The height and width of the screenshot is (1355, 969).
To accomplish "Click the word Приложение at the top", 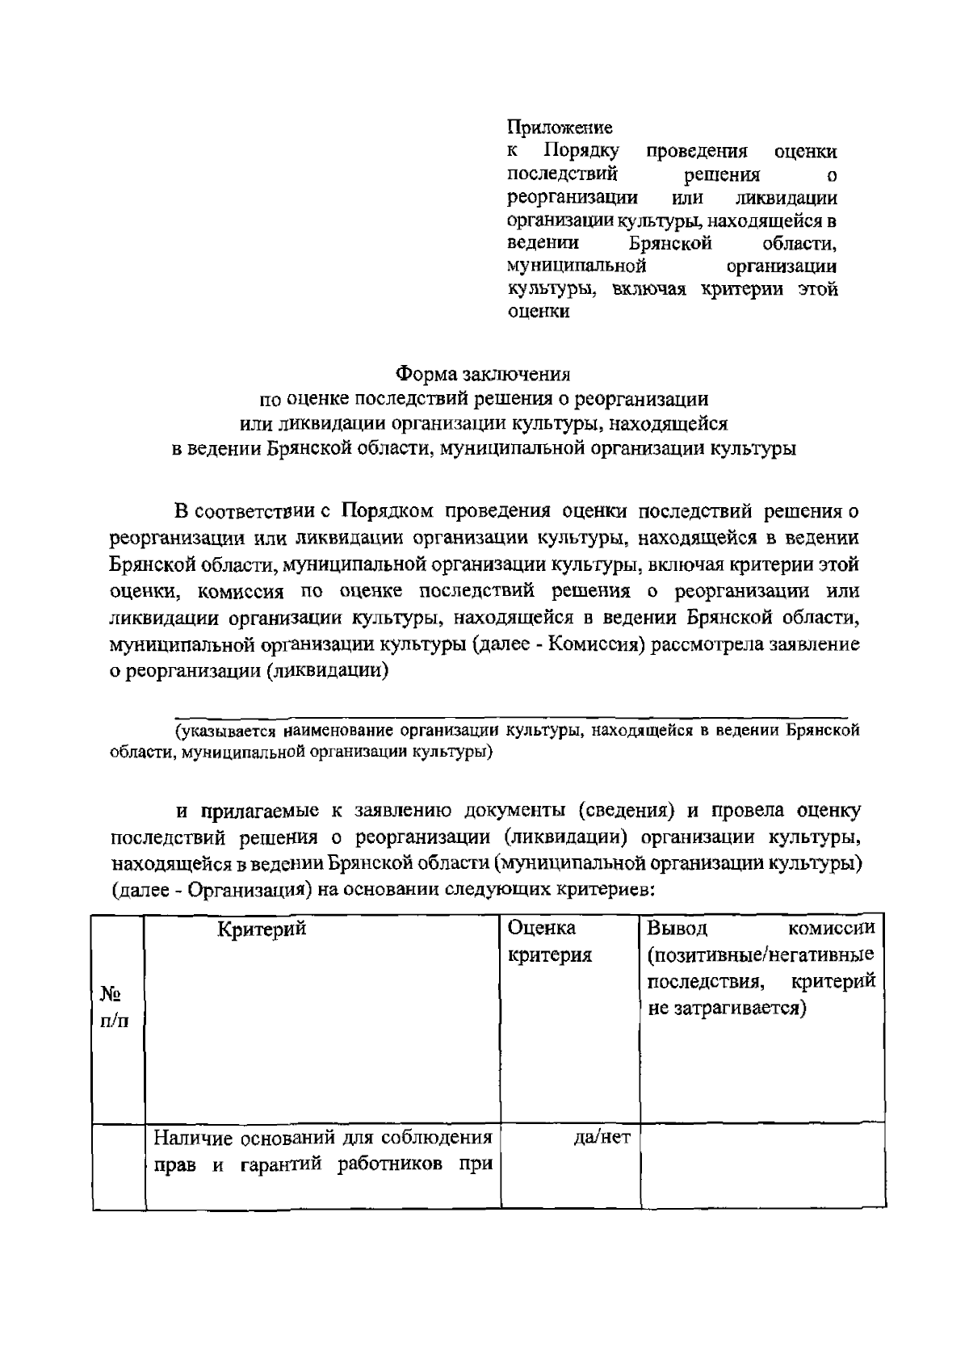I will point(559,127).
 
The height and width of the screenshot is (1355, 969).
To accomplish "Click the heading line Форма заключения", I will point(483,374).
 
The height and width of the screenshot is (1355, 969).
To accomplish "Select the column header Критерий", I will point(262,929).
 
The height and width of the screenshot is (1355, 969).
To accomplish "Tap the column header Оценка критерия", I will point(548,942).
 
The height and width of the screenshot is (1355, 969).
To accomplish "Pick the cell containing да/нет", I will point(601,1138).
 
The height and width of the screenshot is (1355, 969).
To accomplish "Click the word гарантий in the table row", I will point(287,1166).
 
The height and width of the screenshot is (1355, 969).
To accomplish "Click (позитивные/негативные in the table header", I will point(761,956).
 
